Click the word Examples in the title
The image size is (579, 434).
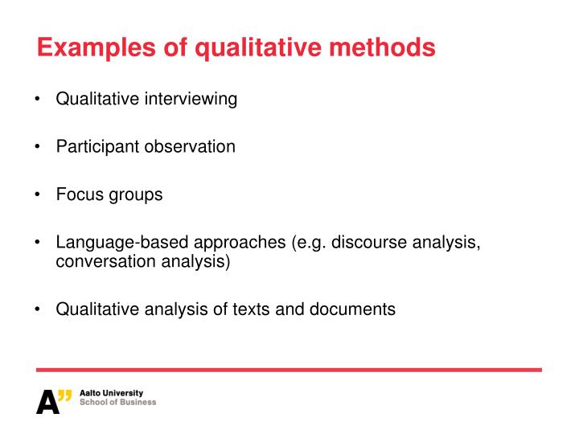(x=96, y=48)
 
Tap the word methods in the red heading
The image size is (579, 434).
(x=382, y=47)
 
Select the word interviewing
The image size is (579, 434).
(x=191, y=100)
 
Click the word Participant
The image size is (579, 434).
(x=97, y=147)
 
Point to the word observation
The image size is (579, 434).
(x=190, y=146)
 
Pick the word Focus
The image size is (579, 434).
(x=80, y=194)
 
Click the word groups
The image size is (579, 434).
(x=136, y=195)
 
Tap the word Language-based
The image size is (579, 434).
(x=122, y=243)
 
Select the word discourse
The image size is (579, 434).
(x=369, y=242)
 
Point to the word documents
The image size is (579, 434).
(x=352, y=309)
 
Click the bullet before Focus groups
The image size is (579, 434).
(x=37, y=194)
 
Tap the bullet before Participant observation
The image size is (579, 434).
(x=37, y=146)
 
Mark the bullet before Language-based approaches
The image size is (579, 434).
(x=37, y=243)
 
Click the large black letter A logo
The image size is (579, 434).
(x=47, y=402)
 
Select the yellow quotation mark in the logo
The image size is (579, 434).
(x=65, y=395)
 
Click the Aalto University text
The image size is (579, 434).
(x=111, y=393)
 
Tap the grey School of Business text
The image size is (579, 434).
(x=117, y=403)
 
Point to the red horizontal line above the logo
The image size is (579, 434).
(x=289, y=370)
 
